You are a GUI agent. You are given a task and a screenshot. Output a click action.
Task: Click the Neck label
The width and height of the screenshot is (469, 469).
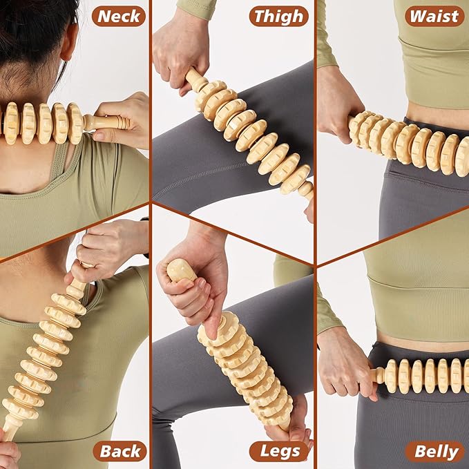click(x=119, y=16)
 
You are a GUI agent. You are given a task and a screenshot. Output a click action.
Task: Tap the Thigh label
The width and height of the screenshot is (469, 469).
click(x=278, y=16)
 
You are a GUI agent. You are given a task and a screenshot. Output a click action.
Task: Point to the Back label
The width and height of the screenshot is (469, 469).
click(x=122, y=452)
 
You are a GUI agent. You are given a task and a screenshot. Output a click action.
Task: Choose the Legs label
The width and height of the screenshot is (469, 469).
click(x=278, y=452)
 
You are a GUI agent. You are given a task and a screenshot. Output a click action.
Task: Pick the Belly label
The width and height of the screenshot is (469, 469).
click(x=435, y=452)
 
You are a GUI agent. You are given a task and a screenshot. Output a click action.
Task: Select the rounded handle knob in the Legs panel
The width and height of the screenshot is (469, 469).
click(x=181, y=269)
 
